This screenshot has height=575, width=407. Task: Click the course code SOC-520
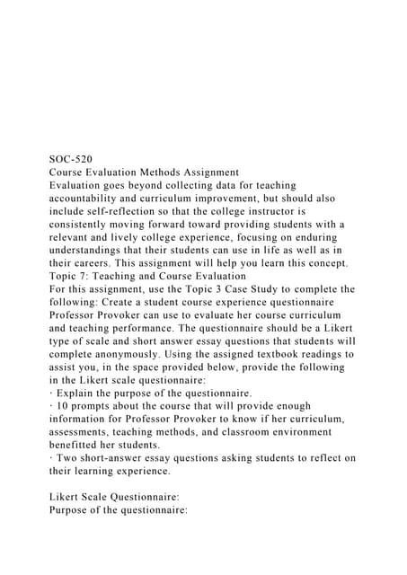[x=70, y=158]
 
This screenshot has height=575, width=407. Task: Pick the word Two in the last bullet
[x=68, y=459]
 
